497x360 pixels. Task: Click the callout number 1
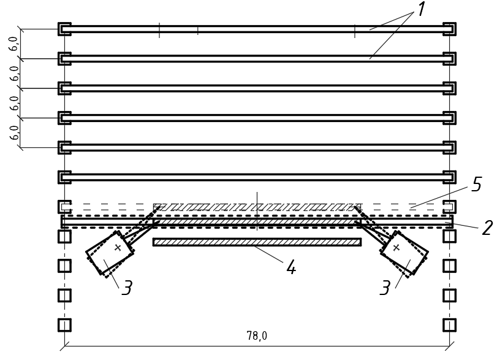(x=420, y=10)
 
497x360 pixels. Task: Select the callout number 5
(x=477, y=185)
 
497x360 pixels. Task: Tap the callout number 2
(x=487, y=228)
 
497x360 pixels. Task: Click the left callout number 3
(x=127, y=288)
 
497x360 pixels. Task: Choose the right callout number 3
(x=385, y=288)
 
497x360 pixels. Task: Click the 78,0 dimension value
(x=257, y=335)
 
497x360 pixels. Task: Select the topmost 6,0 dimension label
(x=14, y=44)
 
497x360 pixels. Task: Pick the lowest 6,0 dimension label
(x=14, y=132)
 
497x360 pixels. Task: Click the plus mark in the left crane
(x=118, y=247)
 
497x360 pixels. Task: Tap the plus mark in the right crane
(x=396, y=247)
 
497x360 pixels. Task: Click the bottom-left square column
(x=64, y=325)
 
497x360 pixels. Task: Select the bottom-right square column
(x=449, y=325)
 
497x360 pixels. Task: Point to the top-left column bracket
(x=59, y=29)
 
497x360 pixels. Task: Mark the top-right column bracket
(x=454, y=29)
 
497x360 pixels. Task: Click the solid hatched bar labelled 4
(x=257, y=242)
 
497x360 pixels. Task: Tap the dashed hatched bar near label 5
(x=257, y=207)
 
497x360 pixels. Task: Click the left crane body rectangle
(x=109, y=253)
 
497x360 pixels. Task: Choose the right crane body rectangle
(x=404, y=253)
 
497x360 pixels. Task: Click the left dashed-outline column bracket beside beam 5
(x=59, y=207)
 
